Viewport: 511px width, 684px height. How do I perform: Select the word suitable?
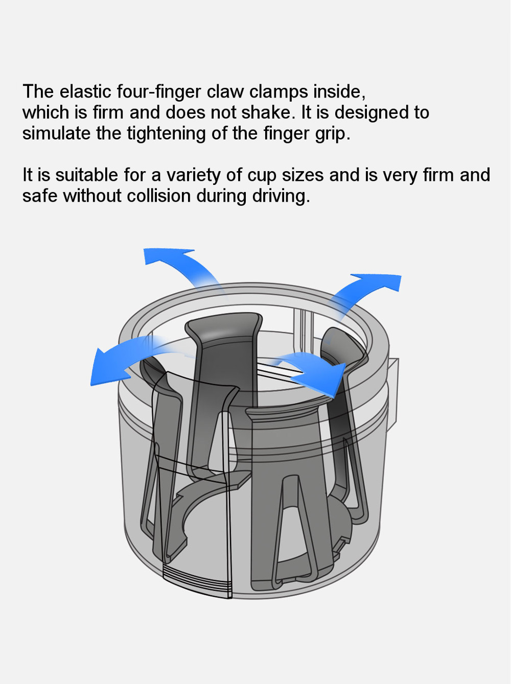click(x=86, y=175)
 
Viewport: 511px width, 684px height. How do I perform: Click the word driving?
click(x=281, y=196)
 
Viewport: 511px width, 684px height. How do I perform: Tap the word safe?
click(x=40, y=196)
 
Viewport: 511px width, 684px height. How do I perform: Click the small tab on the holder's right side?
click(x=392, y=393)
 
